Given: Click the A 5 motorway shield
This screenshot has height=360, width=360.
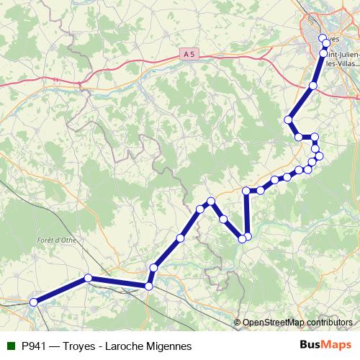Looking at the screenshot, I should pyautogui.click(x=189, y=54).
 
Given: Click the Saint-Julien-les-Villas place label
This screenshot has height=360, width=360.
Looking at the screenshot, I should pyautogui.click(x=343, y=57).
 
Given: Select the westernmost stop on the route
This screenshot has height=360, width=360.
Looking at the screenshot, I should pyautogui.click(x=33, y=303).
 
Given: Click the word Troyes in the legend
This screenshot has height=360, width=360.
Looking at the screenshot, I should pyautogui.click(x=84, y=346).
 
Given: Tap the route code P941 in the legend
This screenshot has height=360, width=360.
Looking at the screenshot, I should pyautogui.click(x=37, y=346).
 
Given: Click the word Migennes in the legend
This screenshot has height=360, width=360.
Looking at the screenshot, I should pyautogui.click(x=168, y=346).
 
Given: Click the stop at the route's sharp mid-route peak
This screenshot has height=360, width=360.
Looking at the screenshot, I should pyautogui.click(x=211, y=202).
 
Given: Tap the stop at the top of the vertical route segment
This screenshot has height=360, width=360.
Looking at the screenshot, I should pyautogui.click(x=247, y=191).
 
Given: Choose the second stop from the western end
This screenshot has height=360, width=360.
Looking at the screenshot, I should pyautogui.click(x=88, y=278).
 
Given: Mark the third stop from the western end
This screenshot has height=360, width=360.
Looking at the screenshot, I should pyautogui.click(x=148, y=287).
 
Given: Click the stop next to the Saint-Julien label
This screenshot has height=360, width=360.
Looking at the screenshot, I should pyautogui.click(x=323, y=53).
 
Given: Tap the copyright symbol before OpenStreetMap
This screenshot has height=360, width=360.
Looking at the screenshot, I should pyautogui.click(x=238, y=322).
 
